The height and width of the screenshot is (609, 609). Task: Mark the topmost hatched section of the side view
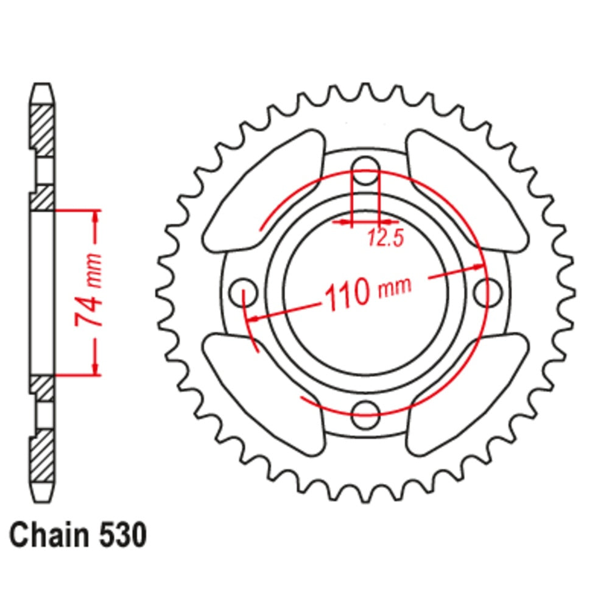(x=42, y=130)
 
